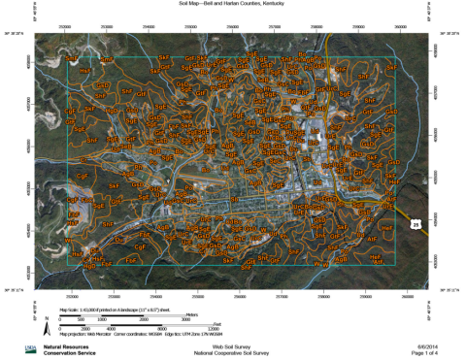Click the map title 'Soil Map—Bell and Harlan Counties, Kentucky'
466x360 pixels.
[x=232, y=4]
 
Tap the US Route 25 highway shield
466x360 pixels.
[x=416, y=224]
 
